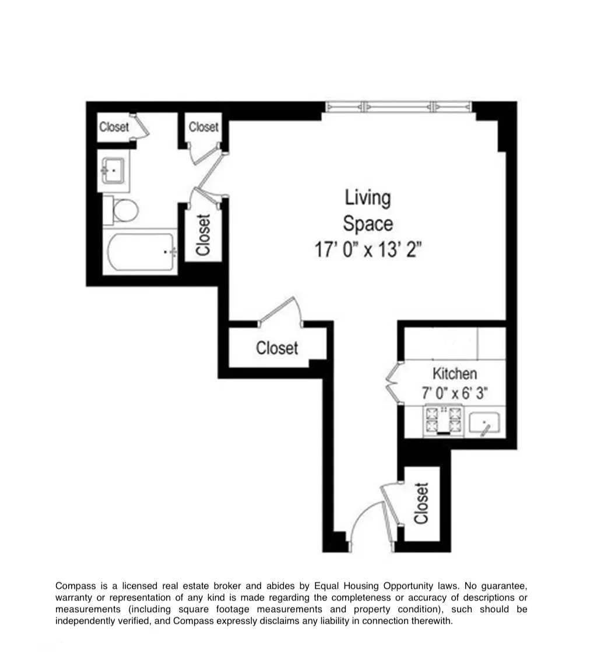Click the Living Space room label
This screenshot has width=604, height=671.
367,211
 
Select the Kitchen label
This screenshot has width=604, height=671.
454,373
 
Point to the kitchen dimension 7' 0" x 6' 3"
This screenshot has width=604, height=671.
454,393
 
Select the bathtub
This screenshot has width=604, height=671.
141,252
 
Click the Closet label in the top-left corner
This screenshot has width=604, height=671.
114,126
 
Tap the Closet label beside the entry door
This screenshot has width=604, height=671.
422,503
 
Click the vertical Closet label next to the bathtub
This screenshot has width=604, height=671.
202,235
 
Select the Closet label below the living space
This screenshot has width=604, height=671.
277,348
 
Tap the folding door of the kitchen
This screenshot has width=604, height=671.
392,383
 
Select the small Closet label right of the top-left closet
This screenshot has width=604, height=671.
203,126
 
